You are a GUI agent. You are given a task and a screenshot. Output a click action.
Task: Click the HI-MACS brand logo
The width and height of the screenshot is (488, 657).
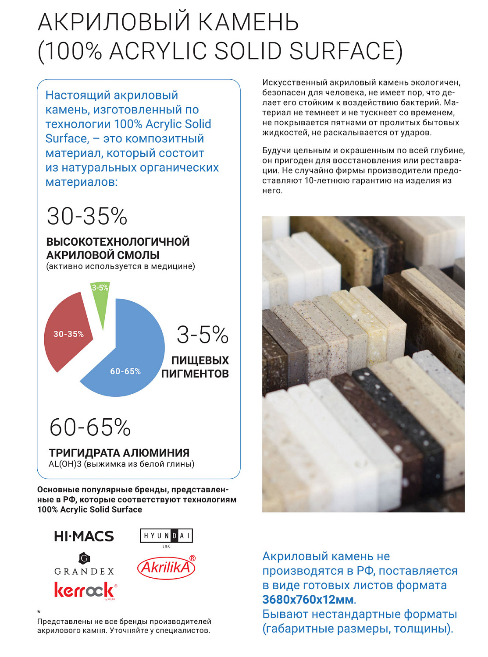point(84,536)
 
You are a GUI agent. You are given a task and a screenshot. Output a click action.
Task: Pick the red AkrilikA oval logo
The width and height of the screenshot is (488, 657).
point(166,568)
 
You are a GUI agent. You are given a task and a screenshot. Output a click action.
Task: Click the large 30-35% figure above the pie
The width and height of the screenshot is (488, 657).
point(87,216)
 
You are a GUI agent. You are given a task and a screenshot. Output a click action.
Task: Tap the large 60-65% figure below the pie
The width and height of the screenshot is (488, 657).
point(90,427)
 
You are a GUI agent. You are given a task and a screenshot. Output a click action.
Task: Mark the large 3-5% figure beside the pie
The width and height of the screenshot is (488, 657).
point(203,335)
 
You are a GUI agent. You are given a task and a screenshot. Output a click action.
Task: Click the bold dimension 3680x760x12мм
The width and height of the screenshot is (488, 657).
point(308,600)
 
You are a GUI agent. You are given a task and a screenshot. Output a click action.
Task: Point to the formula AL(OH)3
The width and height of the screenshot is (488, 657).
point(65,464)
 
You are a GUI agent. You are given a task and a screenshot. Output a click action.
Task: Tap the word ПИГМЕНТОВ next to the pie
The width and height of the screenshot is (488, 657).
point(195,374)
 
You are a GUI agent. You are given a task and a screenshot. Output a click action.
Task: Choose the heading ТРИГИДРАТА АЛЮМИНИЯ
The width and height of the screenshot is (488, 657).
point(119,452)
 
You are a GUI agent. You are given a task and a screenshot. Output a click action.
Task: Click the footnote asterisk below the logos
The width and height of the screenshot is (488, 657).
point(39,612)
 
